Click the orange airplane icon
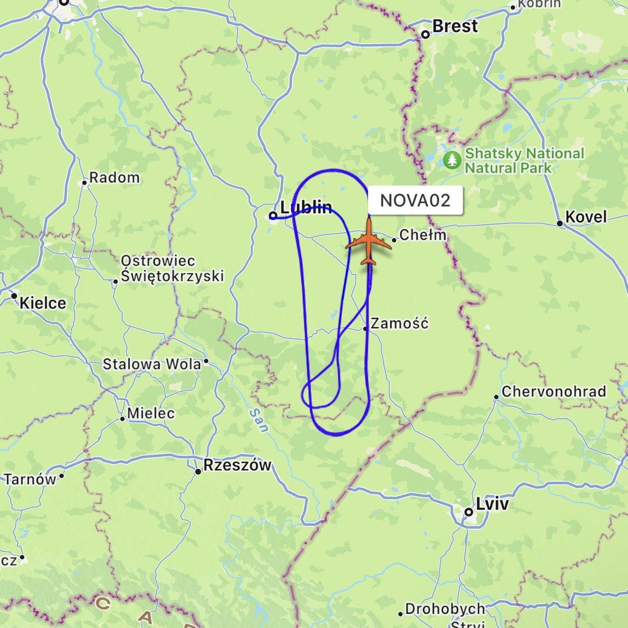pyautogui.click(x=369, y=243)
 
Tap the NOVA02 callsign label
pyautogui.click(x=415, y=200)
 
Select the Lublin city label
pyautogui.click(x=306, y=208)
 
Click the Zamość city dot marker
pyautogui.click(x=365, y=329)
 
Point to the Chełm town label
pyautogui.click(x=423, y=235)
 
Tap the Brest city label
pyautogui.click(x=455, y=26)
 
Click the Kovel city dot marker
pyautogui.click(x=560, y=223)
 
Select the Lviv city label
pyautogui.click(x=492, y=504)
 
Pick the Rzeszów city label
pyautogui.click(x=237, y=465)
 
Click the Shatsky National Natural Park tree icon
pyautogui.click(x=452, y=160)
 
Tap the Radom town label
pyautogui.click(x=114, y=178)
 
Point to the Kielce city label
pyautogui.click(x=43, y=303)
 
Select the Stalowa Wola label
pyautogui.click(x=152, y=364)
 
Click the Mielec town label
pyautogui.click(x=151, y=413)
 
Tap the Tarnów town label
pyautogui.click(x=30, y=479)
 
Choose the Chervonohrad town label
pyautogui.click(x=554, y=392)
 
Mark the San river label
pyautogui.click(x=259, y=420)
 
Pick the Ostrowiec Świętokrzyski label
pyautogui.click(x=172, y=268)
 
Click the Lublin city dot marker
pyautogui.click(x=273, y=215)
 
